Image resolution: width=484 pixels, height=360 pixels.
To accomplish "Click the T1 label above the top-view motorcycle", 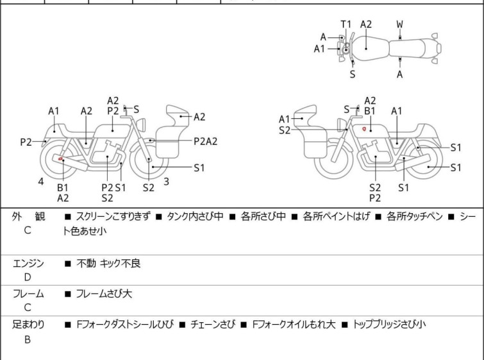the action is click(346, 24).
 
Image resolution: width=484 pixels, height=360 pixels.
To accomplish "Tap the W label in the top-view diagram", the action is click(400, 24).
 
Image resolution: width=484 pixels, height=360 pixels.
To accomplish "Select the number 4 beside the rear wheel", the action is click(41, 182).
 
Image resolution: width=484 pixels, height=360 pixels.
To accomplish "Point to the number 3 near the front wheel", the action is click(167, 182).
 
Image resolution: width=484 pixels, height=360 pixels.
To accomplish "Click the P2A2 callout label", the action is click(206, 141).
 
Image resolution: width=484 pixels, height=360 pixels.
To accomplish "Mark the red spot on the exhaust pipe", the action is click(60, 159).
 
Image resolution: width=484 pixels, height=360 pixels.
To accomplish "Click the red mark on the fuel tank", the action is click(364, 129).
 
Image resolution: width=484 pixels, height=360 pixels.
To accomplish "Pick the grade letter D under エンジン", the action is click(28, 277).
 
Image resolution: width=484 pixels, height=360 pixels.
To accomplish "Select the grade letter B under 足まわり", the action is click(28, 339).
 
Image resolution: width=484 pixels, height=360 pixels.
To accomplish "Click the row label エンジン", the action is click(28, 263).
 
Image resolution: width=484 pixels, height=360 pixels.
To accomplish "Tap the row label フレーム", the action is click(28, 293).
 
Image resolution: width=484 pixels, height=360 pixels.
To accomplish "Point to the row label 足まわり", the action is click(28, 324).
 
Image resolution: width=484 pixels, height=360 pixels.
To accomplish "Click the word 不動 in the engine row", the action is click(86, 263).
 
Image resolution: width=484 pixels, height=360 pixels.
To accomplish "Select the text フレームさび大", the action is click(104, 293).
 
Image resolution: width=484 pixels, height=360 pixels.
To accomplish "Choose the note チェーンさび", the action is click(213, 324).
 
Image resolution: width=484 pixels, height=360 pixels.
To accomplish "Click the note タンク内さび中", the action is click(195, 216).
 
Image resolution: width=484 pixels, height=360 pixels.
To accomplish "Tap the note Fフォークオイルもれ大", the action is click(294, 324).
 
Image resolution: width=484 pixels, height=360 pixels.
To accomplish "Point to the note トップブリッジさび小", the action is click(390, 324).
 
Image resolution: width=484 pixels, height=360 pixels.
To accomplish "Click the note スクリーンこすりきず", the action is click(113, 216).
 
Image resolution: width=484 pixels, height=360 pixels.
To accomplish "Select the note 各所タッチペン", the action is click(415, 216).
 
